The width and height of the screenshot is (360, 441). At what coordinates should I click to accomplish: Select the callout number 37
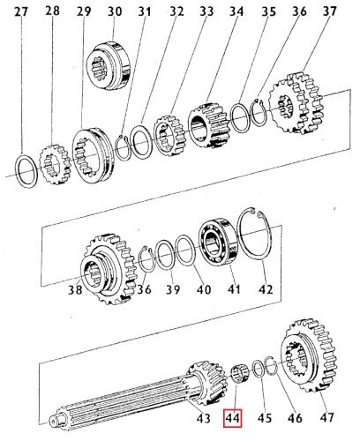pos(304,11)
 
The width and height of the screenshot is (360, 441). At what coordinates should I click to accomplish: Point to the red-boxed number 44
pos(233,418)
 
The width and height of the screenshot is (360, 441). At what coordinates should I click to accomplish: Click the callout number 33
pos(206,11)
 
